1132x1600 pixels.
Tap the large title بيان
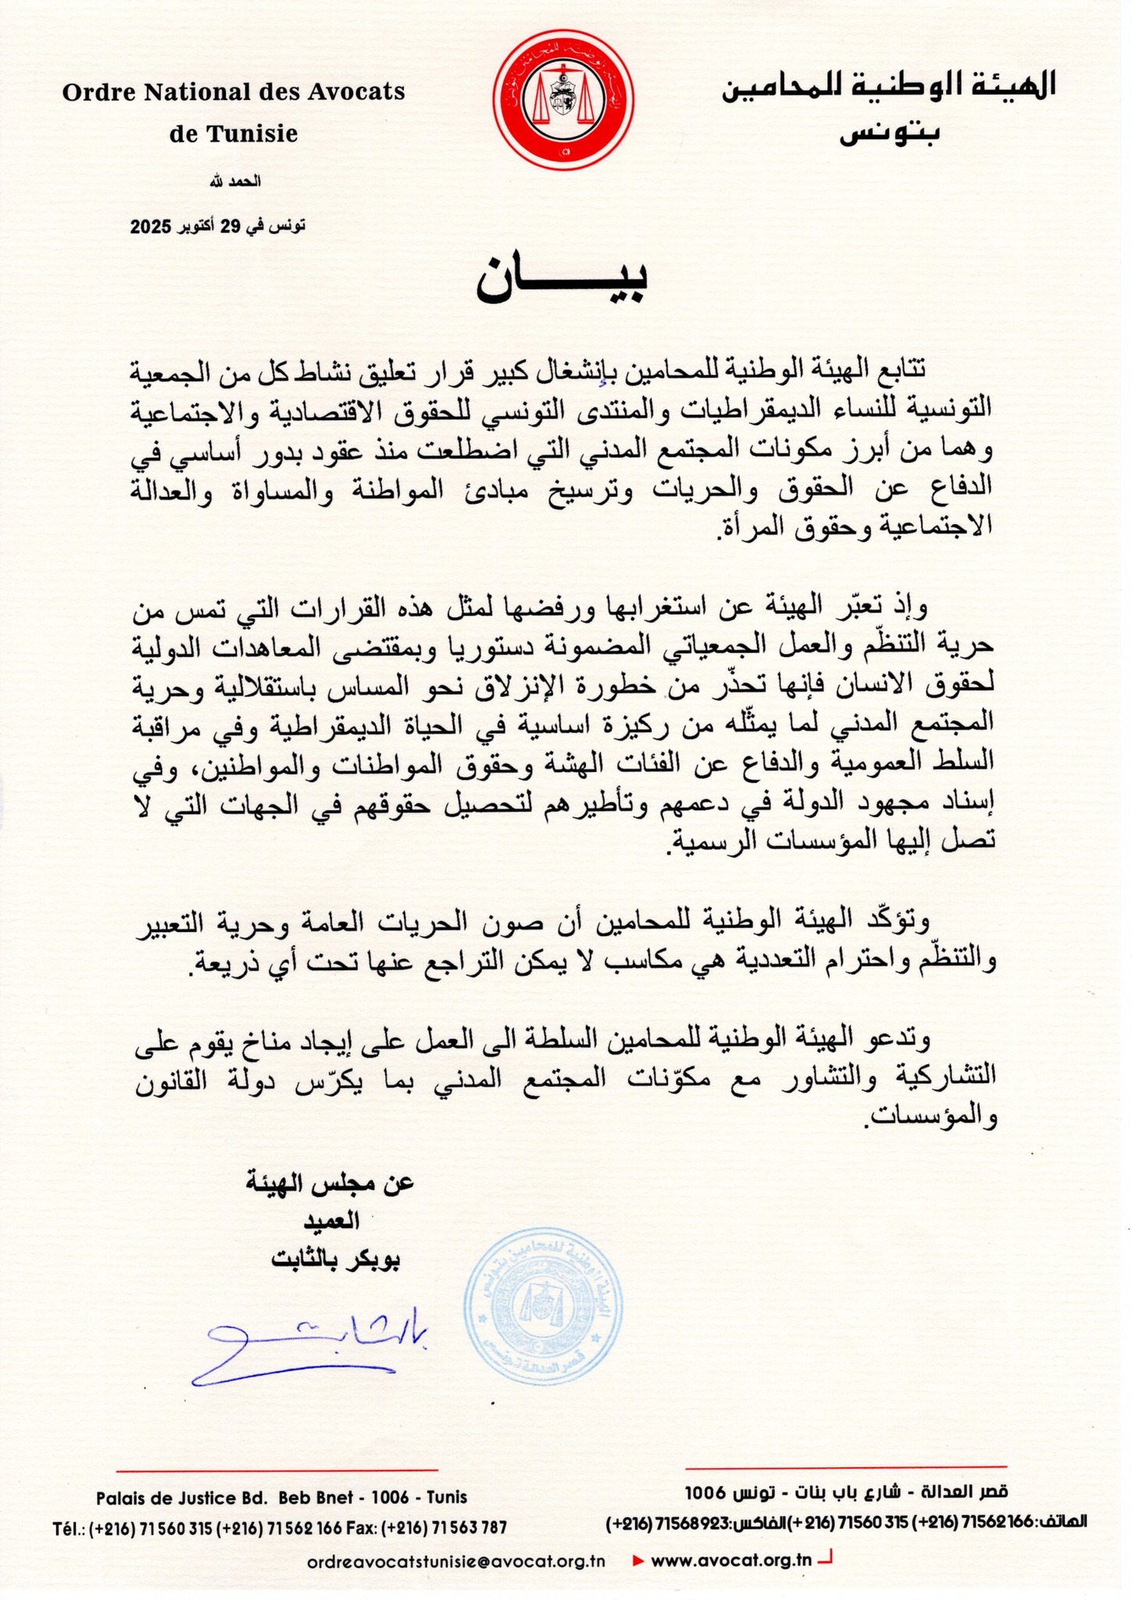(564, 279)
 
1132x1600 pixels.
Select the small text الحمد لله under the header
(234, 181)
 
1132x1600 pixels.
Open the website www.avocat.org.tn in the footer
(731, 1561)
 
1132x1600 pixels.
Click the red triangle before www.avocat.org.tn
(637, 1561)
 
